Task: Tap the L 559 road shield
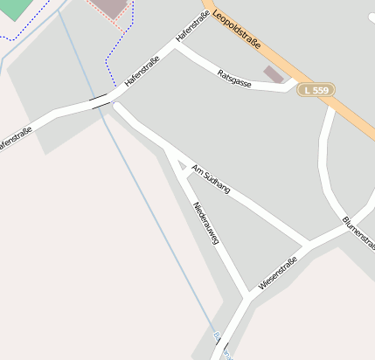(x=315, y=89)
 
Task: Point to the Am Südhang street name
(x=210, y=178)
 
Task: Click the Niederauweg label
(x=206, y=222)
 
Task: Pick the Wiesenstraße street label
(x=279, y=273)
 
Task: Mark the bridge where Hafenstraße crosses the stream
(x=101, y=102)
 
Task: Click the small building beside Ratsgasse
(x=274, y=74)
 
